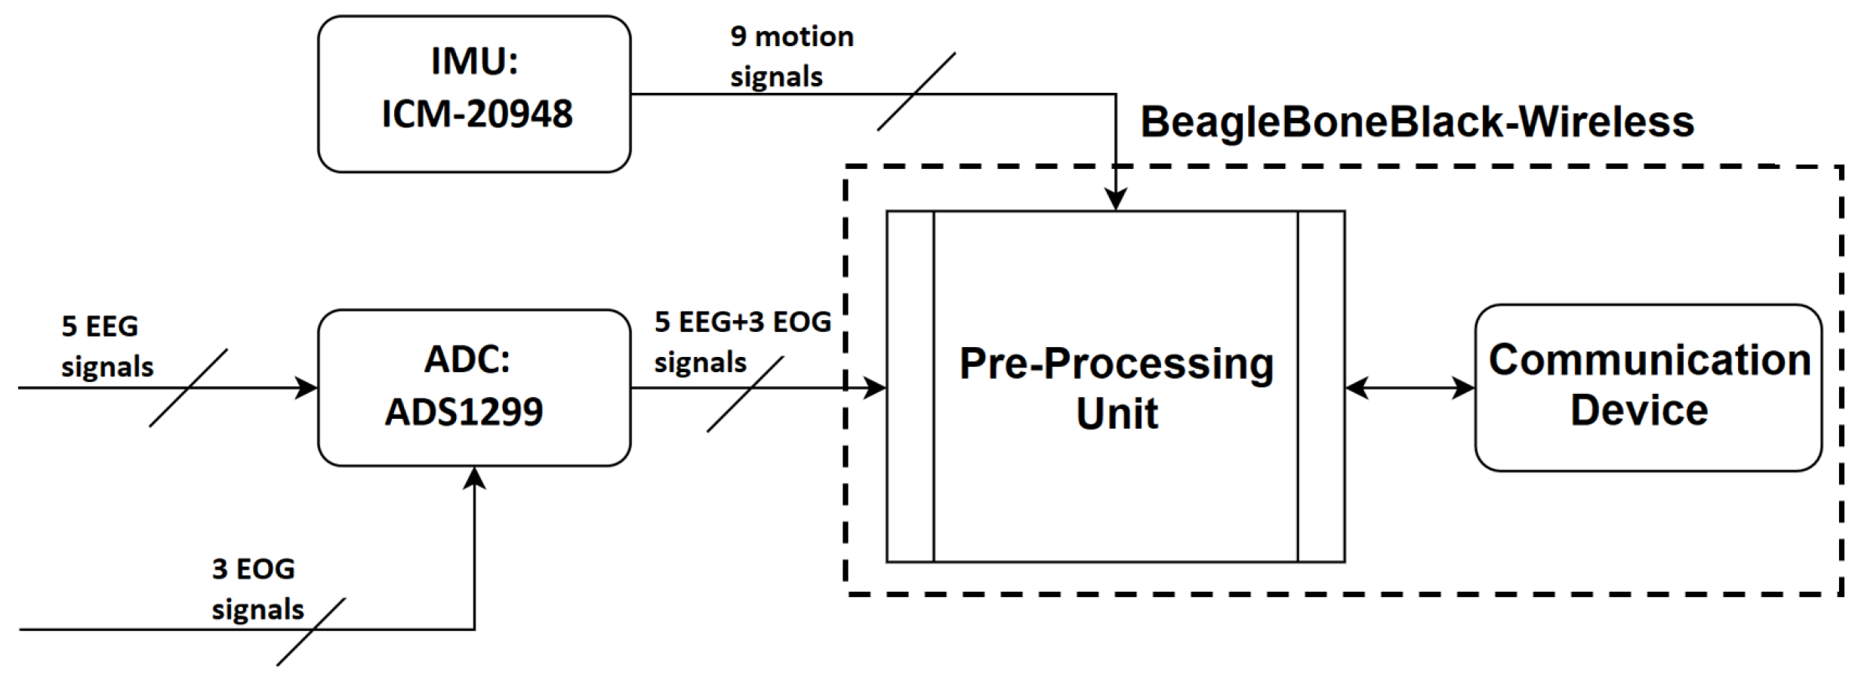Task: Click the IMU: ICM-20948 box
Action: (474, 94)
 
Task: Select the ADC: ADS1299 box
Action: (474, 387)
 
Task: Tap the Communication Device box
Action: (1648, 387)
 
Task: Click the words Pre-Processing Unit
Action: (1117, 388)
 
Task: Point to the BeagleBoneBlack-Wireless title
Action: (1417, 122)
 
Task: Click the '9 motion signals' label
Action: (790, 57)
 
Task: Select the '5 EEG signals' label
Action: (106, 346)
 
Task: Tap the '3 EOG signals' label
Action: (257, 589)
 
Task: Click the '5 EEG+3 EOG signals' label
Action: (741, 342)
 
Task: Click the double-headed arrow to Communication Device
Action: (1410, 388)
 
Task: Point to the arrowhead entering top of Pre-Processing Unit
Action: (1116, 200)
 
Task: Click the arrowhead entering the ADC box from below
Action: (474, 478)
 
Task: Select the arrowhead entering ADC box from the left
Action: (307, 388)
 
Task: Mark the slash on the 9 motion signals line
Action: (916, 92)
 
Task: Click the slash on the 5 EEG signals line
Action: (188, 388)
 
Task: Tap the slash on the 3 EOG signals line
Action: (310, 632)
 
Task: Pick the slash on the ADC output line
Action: (744, 394)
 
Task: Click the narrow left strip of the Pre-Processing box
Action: (910, 386)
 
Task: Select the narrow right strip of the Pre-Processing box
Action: (1321, 386)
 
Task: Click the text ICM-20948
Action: (477, 115)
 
